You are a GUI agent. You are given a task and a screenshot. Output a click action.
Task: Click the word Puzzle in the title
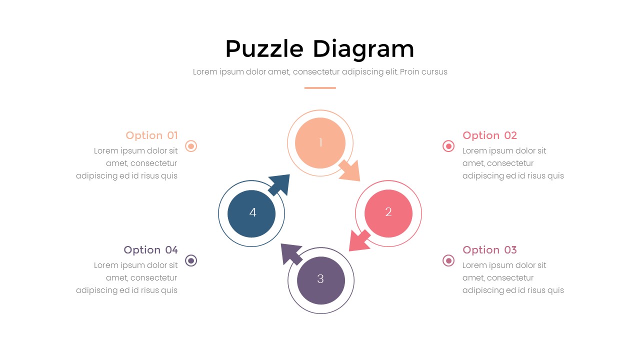coord(264,49)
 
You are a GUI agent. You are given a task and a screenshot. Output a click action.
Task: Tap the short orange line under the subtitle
coord(320,88)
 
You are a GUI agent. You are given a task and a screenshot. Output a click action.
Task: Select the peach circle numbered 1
coord(320,143)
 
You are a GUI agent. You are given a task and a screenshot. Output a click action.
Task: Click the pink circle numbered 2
coord(388,213)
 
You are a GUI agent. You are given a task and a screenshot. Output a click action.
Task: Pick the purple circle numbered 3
coord(321,280)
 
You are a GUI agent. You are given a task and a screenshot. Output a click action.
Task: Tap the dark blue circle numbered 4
coord(251,213)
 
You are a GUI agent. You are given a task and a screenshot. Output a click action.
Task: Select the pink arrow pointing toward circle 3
coord(359,241)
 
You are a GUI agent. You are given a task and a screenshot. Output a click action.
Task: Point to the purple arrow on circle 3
coord(291,254)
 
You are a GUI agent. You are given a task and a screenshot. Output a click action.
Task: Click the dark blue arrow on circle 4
coord(279,185)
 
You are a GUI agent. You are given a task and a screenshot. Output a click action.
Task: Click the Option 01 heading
coord(151,135)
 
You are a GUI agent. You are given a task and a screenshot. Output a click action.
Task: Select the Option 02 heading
coord(489,135)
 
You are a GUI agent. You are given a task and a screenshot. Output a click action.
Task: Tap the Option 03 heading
coord(489,250)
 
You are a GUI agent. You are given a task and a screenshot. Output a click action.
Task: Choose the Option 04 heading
coord(150,250)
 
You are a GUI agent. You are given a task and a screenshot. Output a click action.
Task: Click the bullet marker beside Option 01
coord(191,146)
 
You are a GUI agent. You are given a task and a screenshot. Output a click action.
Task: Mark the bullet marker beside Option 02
coord(448,146)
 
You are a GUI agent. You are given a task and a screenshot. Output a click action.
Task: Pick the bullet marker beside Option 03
coord(448,260)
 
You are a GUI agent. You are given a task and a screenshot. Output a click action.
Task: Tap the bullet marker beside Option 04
coord(191,260)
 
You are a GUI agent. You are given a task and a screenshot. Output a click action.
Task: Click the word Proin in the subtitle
coord(408,71)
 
